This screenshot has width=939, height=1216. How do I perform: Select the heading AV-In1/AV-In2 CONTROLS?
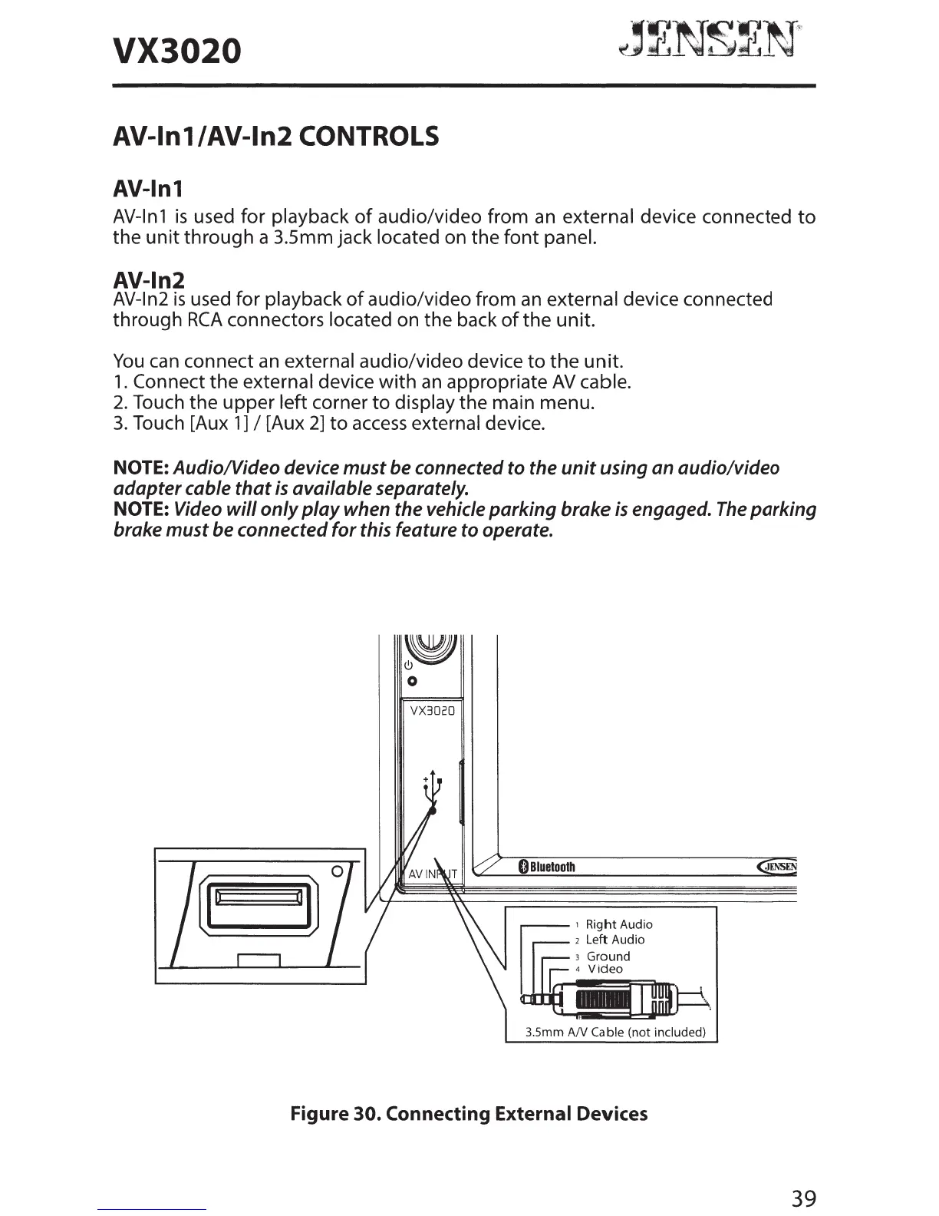[x=275, y=137]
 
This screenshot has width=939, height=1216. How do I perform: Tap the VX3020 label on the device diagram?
[x=433, y=710]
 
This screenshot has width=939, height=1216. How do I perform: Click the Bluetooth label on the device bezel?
[x=547, y=867]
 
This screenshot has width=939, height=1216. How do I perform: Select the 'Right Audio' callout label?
[x=618, y=924]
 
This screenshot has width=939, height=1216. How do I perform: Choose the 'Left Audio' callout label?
[x=614, y=939]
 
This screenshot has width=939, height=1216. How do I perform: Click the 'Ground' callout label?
[x=608, y=956]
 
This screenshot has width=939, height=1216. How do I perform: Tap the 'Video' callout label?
[x=605, y=969]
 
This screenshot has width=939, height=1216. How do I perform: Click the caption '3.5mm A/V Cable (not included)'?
[x=614, y=1032]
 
